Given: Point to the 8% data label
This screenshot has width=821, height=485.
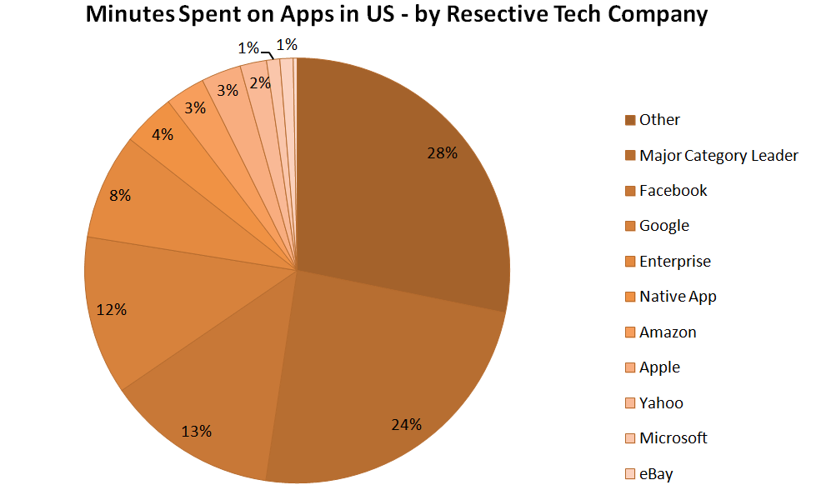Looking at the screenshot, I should (x=120, y=196).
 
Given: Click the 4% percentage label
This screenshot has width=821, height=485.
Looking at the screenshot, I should (x=163, y=133).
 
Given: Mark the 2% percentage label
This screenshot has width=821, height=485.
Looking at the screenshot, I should (x=260, y=82).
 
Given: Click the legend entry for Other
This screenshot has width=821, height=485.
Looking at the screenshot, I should (x=659, y=120).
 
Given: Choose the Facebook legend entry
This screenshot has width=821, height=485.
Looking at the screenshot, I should (x=673, y=191).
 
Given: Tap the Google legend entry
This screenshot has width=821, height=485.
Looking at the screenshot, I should (x=664, y=226).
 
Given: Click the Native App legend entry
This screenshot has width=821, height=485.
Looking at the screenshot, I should (x=678, y=297).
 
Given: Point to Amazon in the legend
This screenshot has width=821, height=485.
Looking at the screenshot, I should (x=668, y=332).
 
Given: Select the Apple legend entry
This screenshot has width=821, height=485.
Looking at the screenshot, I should (x=659, y=367).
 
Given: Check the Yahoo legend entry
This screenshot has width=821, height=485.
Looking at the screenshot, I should (x=661, y=403).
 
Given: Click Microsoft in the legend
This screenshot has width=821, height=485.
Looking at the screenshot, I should (x=673, y=438).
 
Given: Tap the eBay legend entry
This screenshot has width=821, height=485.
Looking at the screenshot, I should (x=656, y=474).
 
